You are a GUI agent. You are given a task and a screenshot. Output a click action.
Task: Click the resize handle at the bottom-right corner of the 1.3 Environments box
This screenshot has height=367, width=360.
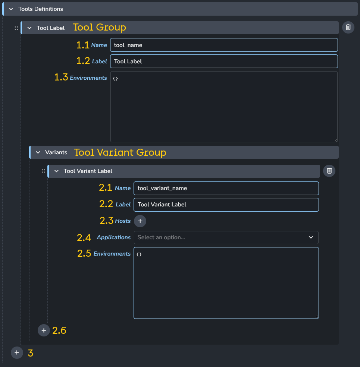tap(336, 140)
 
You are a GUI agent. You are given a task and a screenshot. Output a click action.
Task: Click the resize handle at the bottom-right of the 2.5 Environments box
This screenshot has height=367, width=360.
tap(317, 317)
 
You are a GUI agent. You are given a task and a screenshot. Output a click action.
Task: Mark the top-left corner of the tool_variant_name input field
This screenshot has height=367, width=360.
tap(134, 181)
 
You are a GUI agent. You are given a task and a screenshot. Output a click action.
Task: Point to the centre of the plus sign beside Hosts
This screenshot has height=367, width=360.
tap(140, 221)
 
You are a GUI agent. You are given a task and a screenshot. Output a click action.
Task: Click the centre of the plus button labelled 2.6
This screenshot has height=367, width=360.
tap(44, 330)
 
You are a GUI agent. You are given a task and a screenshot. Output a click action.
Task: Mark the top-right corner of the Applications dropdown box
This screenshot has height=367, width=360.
tap(319, 231)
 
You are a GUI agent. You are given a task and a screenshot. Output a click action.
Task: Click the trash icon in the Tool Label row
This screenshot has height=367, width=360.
tap(348, 27)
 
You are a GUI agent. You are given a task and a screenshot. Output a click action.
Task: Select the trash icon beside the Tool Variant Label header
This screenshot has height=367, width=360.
tap(329, 171)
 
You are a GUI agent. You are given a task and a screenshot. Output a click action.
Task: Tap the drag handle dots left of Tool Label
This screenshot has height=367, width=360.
tap(16, 28)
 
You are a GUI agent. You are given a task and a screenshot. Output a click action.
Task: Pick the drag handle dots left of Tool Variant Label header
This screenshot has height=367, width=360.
tap(43, 171)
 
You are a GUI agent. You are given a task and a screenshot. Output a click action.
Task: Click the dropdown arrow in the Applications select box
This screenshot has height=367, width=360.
tap(311, 237)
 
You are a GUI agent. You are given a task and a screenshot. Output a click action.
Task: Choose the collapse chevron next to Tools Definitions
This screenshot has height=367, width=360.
tap(11, 9)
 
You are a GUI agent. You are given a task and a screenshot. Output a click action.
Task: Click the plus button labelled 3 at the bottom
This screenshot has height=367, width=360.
tap(17, 352)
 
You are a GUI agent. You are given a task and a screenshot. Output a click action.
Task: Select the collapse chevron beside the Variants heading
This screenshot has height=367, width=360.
tap(38, 152)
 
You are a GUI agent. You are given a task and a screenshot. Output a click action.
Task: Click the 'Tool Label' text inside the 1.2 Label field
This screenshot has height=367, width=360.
tap(128, 61)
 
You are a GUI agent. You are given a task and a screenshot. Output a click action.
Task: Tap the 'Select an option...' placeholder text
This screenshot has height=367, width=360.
tap(161, 237)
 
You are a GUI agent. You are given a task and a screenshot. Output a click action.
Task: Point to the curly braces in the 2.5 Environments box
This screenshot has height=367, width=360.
tap(139, 254)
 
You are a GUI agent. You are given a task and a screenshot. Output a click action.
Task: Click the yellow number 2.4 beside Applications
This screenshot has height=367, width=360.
tap(84, 238)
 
